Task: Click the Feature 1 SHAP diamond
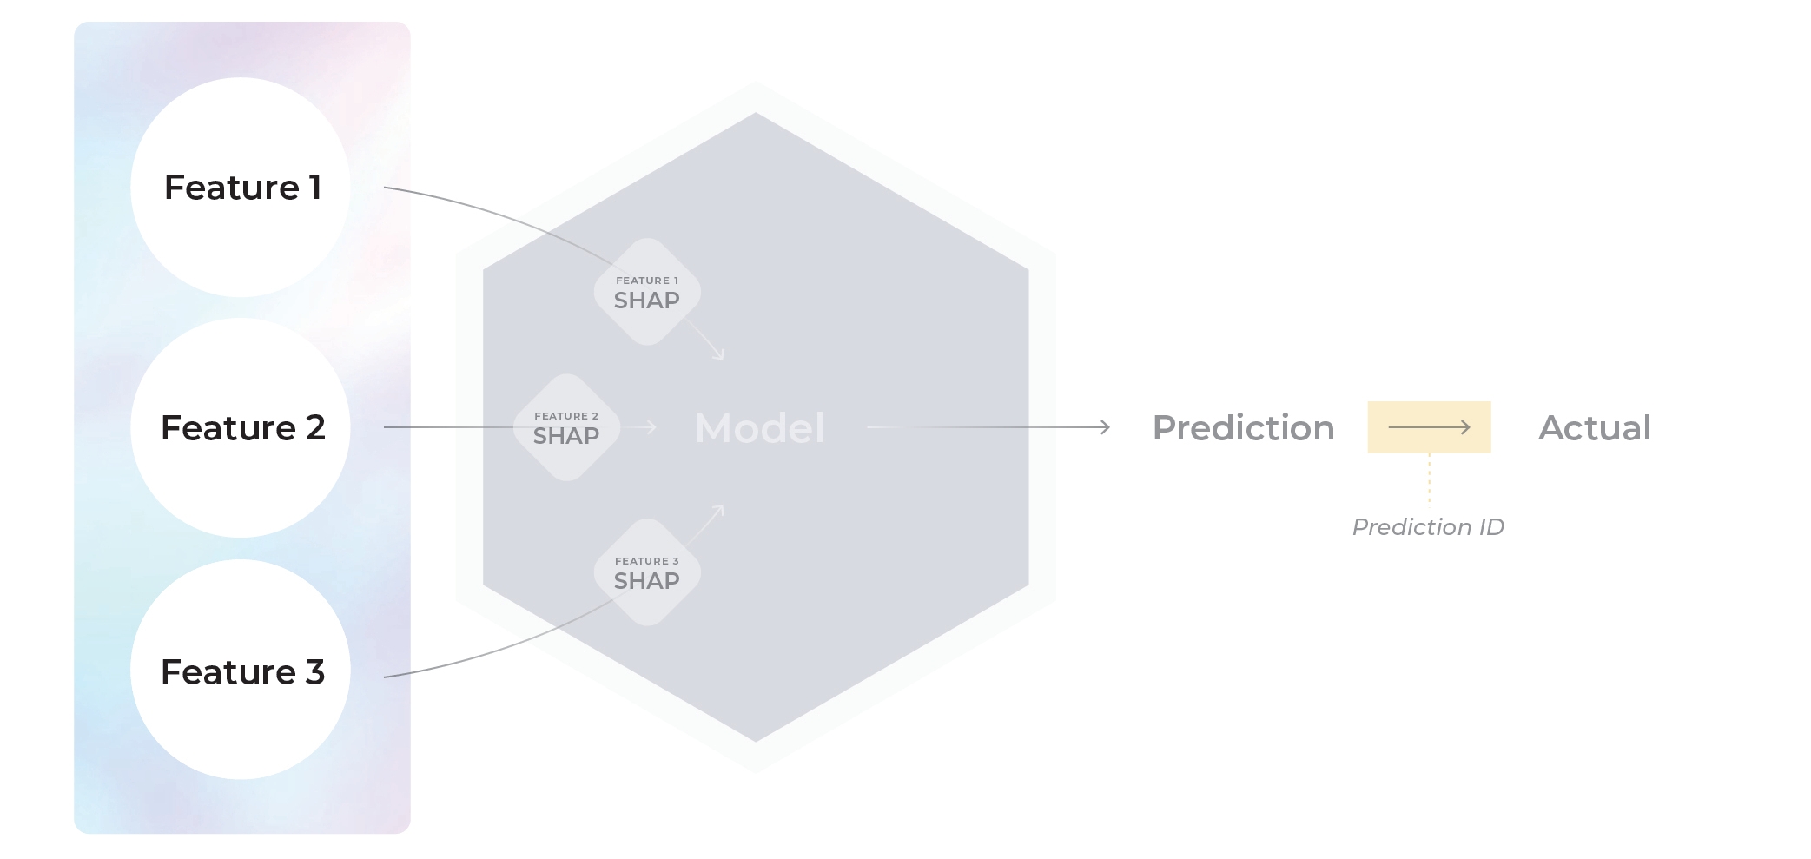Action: click(647, 292)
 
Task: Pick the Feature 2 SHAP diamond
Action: click(566, 427)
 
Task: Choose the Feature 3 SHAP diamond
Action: click(647, 572)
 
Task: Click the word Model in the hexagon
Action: click(759, 428)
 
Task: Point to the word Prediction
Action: click(1243, 428)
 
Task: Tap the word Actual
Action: click(1595, 428)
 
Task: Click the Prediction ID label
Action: click(1428, 527)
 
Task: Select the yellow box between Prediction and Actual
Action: click(1429, 427)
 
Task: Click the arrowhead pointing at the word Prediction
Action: click(1105, 427)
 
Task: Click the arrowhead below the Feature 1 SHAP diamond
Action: click(718, 354)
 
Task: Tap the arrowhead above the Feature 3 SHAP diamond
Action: click(718, 511)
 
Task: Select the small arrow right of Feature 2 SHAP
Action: click(644, 427)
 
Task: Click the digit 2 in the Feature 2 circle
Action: click(314, 428)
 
